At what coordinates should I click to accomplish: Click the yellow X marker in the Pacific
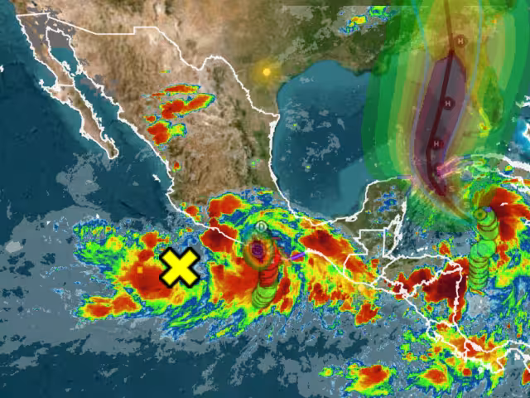[180, 267]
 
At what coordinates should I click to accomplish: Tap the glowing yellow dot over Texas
[266, 71]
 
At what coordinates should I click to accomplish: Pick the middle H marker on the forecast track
[448, 103]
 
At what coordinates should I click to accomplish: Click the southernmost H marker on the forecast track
[434, 143]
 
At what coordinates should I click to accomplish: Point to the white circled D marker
[262, 226]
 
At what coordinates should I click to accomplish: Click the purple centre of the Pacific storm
[258, 248]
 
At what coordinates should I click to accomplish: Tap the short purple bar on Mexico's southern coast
[296, 257]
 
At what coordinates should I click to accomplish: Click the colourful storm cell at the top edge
[357, 19]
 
